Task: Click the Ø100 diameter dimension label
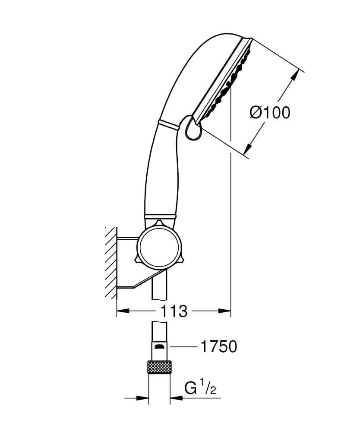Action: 270,112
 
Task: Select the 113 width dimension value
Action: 174,311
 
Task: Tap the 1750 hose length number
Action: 218,346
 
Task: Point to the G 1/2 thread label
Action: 200,388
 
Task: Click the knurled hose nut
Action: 159,367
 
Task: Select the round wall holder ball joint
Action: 158,247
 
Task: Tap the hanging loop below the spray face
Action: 193,128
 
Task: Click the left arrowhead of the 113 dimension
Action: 123,311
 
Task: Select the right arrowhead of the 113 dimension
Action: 225,311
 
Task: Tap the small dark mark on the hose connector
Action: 159,346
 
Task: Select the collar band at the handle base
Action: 160,217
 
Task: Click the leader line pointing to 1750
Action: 183,346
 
